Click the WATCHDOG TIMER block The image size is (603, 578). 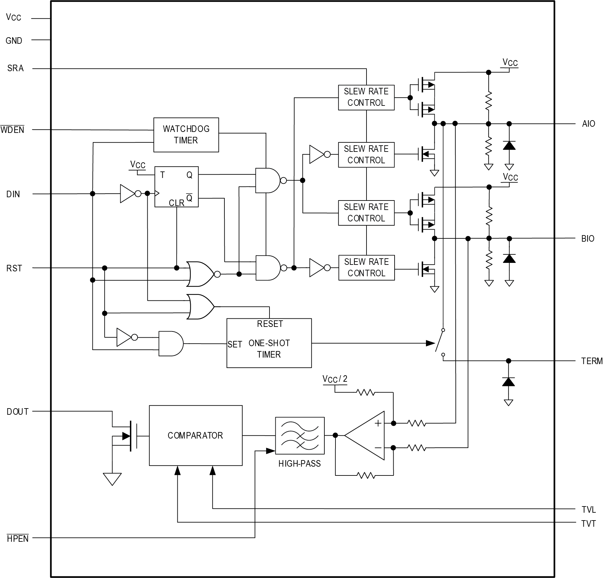[x=186, y=135]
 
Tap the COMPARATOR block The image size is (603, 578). [x=195, y=435]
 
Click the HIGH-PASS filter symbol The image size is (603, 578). [x=300, y=435]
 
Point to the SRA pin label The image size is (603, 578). [x=15, y=68]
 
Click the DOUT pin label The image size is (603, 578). [x=18, y=411]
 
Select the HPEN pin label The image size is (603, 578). [x=18, y=538]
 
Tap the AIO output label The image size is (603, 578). [x=588, y=124]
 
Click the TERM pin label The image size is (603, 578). [x=591, y=361]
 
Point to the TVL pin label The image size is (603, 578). [x=588, y=509]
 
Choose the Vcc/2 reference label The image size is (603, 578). [x=335, y=379]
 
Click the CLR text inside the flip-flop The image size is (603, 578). [x=176, y=203]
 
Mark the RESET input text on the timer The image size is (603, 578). [x=270, y=324]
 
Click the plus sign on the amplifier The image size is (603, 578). [x=378, y=424]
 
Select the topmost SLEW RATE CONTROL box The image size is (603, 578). [x=366, y=97]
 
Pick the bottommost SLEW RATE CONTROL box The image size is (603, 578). [x=366, y=267]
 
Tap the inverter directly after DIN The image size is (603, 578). [x=128, y=194]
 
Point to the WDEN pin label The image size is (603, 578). [x=12, y=130]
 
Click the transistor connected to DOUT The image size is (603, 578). [x=129, y=435]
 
